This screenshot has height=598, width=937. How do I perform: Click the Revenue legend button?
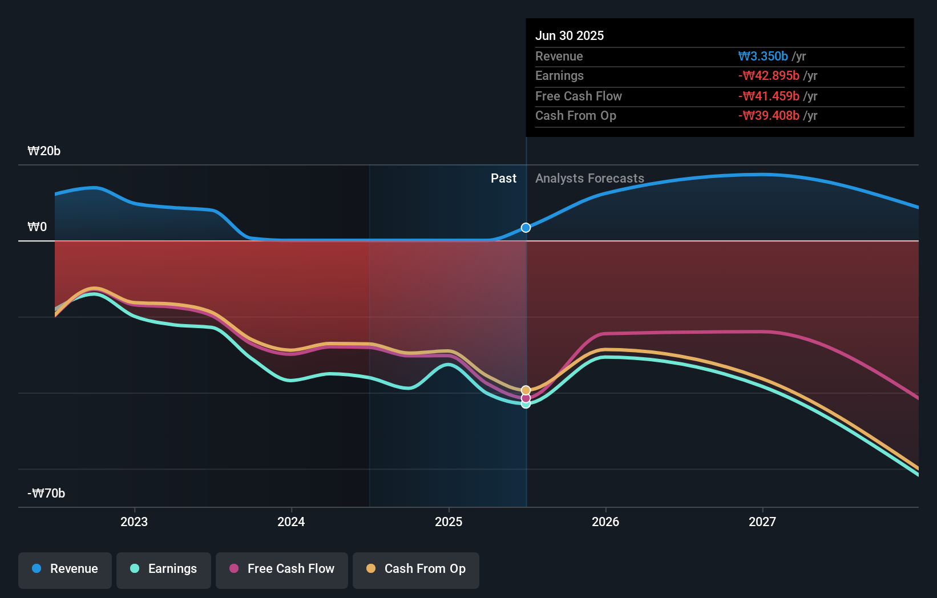65,569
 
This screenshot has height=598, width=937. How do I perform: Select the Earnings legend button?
164,569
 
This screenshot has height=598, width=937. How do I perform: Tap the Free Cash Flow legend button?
282,569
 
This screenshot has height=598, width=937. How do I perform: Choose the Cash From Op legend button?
416,569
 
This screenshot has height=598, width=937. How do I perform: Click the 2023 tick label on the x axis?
134,522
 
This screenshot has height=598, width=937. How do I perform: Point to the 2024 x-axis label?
291,522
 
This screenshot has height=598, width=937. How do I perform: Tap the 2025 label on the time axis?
449,522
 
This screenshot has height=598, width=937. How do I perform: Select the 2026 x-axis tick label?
605,522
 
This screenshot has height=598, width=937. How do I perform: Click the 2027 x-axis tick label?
762,522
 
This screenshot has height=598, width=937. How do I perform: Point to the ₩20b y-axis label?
44,151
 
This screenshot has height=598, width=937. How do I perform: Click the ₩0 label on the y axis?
37,227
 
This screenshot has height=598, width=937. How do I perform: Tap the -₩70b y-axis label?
46,494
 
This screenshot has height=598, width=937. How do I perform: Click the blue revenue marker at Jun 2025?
526,228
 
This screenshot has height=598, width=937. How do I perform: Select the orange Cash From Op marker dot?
526,390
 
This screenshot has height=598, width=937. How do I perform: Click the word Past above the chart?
503,179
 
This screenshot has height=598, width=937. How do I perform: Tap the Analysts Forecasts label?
589,179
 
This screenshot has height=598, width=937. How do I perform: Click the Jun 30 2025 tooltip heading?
570,35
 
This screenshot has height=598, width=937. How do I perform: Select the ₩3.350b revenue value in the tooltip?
763,56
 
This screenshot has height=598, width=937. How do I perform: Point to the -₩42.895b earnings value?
769,76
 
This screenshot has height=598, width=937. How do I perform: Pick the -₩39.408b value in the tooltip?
769,116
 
